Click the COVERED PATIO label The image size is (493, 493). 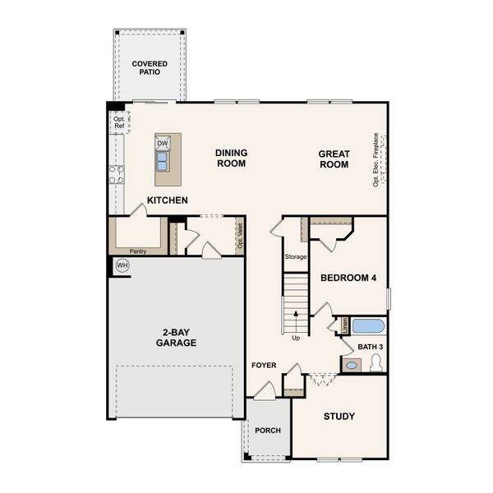coord(150,67)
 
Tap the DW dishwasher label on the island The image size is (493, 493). coord(163,142)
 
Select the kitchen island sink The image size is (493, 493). coord(163,158)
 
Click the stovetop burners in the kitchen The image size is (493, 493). coord(117,173)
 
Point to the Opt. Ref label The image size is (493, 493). coord(120,122)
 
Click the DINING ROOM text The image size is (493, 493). coord(231,158)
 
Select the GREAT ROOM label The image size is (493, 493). coord(334,159)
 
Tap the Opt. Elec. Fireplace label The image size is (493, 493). coord(376,159)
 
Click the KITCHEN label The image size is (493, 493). coord(168,200)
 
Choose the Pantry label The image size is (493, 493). coord(138,251)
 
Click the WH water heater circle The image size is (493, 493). coord(122,265)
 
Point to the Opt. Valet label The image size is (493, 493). coord(240,236)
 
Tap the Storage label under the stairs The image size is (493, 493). coord(296,257)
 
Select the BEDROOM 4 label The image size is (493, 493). coord(348,279)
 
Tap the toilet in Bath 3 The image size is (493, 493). coord(376,363)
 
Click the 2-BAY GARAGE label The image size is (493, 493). coord(177,338)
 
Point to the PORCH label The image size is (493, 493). coord(268,430)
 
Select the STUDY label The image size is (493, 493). coord(339,417)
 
